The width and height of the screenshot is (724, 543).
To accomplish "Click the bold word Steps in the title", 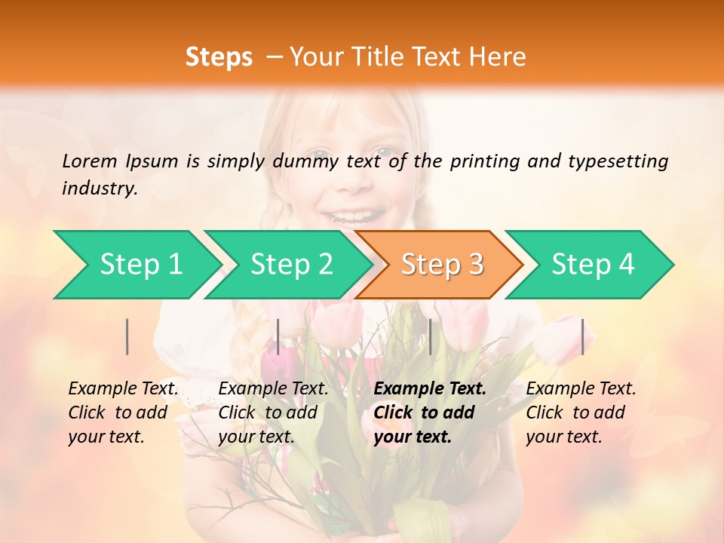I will [219, 57].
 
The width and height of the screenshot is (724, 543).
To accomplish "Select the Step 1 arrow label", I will [141, 264].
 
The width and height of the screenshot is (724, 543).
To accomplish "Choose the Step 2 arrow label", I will [291, 264].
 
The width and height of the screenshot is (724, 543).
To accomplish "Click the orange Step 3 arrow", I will [442, 264].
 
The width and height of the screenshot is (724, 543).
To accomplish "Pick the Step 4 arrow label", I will [593, 264].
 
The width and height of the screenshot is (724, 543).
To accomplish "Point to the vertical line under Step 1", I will [127, 336].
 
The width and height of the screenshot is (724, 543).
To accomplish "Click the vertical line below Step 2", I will [278, 336].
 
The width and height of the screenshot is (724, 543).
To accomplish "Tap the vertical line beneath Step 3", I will [430, 336].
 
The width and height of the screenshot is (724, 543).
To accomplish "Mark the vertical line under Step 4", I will [583, 336].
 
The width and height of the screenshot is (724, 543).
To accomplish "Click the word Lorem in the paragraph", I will [90, 161].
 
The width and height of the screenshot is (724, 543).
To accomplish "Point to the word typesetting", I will [618, 161].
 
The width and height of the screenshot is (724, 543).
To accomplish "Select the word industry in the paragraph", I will [99, 188].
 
